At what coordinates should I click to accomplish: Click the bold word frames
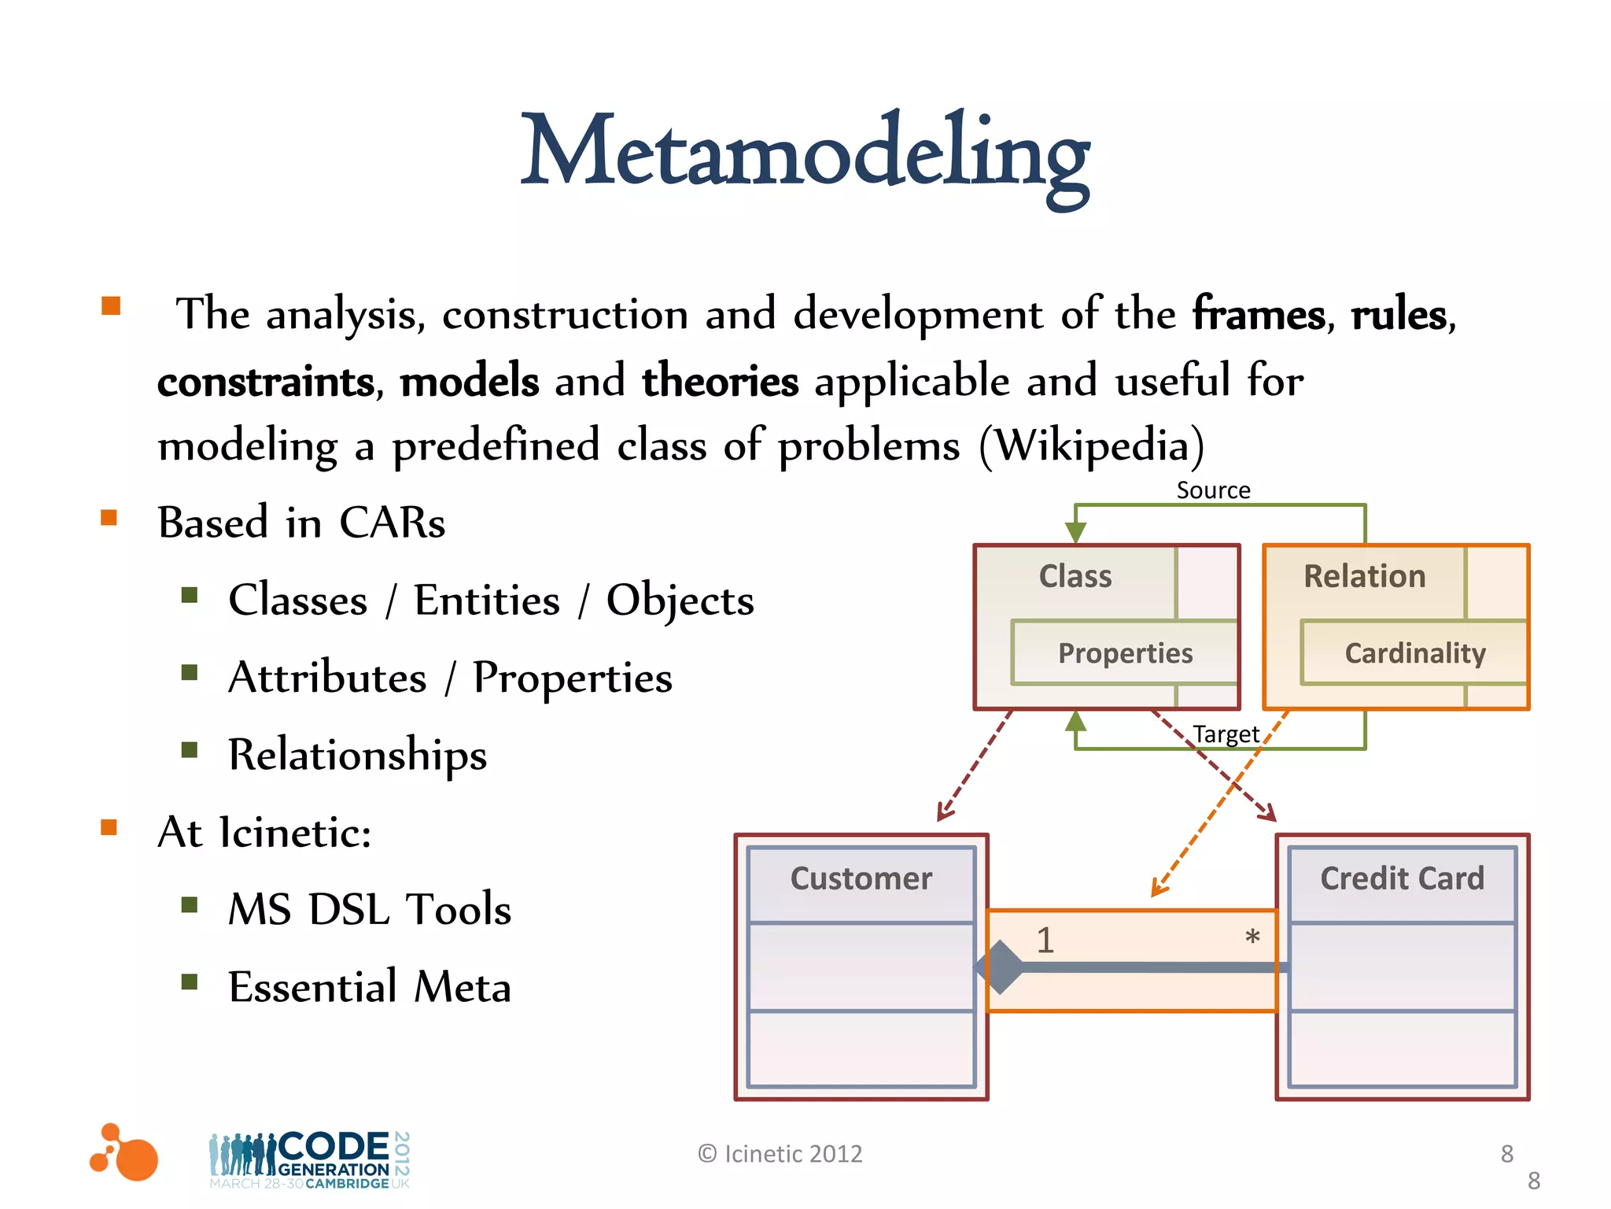[x=1259, y=315]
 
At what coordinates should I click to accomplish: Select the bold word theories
[x=720, y=382]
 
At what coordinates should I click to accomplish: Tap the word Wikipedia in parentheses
[x=1092, y=446]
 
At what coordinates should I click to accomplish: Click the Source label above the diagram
[x=1213, y=490]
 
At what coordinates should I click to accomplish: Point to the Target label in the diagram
[x=1226, y=734]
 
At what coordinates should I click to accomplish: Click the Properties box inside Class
[x=1125, y=653]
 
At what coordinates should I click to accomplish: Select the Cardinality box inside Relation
[x=1414, y=653]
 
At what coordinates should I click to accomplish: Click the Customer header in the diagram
[x=861, y=878]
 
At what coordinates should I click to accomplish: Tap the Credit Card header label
[x=1402, y=878]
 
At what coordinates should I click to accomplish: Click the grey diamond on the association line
[x=1000, y=967]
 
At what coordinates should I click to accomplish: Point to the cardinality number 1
[x=1045, y=941]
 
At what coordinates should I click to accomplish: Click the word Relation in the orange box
[x=1364, y=577]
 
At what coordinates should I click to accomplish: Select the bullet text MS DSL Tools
[x=370, y=910]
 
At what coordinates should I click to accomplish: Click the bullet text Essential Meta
[x=370, y=987]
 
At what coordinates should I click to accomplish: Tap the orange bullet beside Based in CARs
[x=109, y=518]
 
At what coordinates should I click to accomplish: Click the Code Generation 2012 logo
[x=310, y=1159]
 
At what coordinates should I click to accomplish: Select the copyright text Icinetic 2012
[x=780, y=1154]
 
